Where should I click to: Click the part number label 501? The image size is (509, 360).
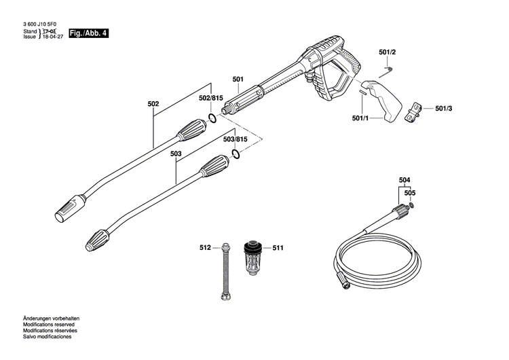[x=238, y=79]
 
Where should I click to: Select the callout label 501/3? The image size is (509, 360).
[x=445, y=108]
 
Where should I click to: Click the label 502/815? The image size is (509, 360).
[x=211, y=98]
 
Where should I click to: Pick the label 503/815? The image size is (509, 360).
[x=235, y=139]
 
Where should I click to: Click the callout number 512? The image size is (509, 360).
[x=206, y=247]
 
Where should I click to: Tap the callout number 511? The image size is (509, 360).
[x=278, y=247]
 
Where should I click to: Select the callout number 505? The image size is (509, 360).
[x=410, y=193]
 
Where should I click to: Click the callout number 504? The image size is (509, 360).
[x=404, y=179]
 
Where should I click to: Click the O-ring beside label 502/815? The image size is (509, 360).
[x=212, y=118]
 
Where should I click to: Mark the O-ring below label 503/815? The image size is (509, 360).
[x=235, y=154]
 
